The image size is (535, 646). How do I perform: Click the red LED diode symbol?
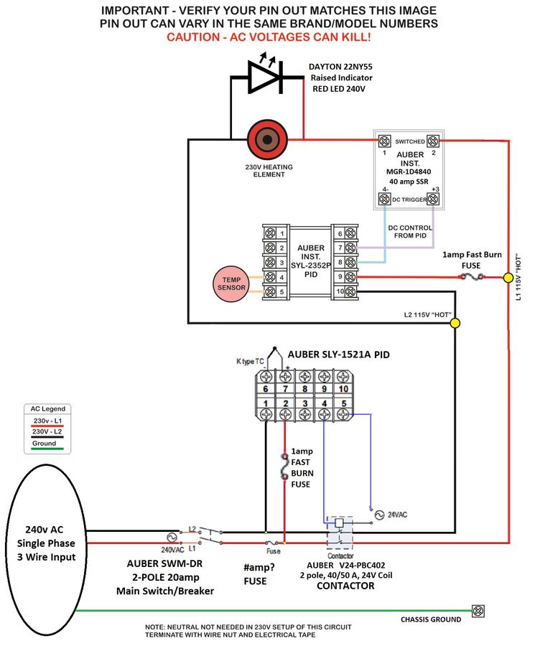point(264,76)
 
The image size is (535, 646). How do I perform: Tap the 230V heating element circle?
point(266,140)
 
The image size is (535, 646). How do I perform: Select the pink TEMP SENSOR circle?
point(231,284)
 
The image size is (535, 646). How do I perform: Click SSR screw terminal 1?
point(384,141)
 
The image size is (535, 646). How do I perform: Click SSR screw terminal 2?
point(432,141)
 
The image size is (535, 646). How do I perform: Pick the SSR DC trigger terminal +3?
point(432,200)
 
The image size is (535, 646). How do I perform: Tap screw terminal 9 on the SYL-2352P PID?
point(350,277)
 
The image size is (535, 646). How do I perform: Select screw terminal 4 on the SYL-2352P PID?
point(271,277)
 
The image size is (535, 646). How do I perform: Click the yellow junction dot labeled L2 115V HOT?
point(455,322)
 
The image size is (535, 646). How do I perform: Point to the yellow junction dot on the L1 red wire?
point(508,278)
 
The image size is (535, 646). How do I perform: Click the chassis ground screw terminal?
point(478,611)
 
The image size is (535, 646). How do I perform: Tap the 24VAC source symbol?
point(379,515)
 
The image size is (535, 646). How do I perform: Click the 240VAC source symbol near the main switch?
point(172,538)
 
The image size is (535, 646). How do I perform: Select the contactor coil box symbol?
point(339,523)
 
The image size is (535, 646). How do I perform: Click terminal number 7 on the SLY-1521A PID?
point(285,389)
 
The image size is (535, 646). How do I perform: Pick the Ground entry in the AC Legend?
point(45,444)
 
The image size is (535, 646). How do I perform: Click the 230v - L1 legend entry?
point(48,421)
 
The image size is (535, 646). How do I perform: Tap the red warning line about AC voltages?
point(269,37)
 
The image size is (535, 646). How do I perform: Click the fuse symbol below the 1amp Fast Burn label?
point(472,277)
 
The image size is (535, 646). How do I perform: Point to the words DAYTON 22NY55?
point(340,67)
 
